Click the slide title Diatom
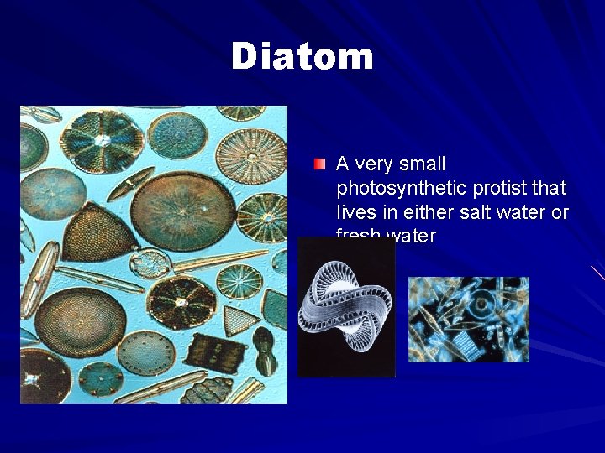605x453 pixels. pyautogui.click(x=302, y=57)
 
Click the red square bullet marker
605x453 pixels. pyautogui.click(x=320, y=164)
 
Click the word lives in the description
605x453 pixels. pyautogui.click(x=356, y=212)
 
